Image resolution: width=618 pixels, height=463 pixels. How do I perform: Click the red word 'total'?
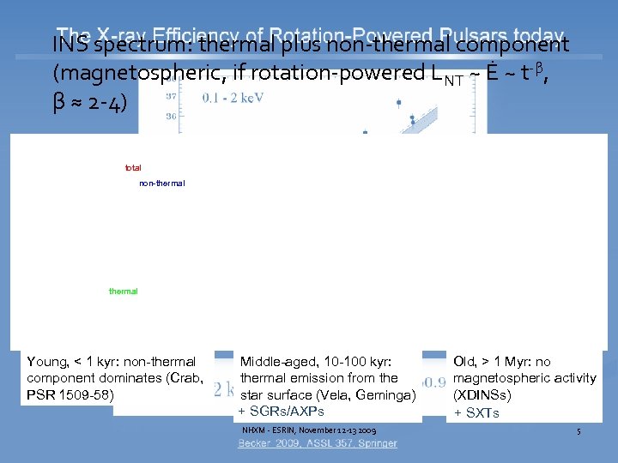click(x=133, y=167)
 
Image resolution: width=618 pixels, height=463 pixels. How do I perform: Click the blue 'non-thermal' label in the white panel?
click(x=161, y=183)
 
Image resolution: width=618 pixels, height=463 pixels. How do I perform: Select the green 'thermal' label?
click(x=123, y=292)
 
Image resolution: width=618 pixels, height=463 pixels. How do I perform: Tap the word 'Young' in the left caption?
click(x=48, y=362)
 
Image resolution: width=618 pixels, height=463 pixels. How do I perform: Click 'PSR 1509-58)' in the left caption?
click(x=68, y=393)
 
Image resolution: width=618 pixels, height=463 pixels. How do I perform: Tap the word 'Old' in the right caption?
click(x=464, y=362)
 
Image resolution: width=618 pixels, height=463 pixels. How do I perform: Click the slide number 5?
click(x=579, y=430)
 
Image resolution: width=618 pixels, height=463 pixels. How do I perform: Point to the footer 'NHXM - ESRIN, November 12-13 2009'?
click(x=310, y=430)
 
